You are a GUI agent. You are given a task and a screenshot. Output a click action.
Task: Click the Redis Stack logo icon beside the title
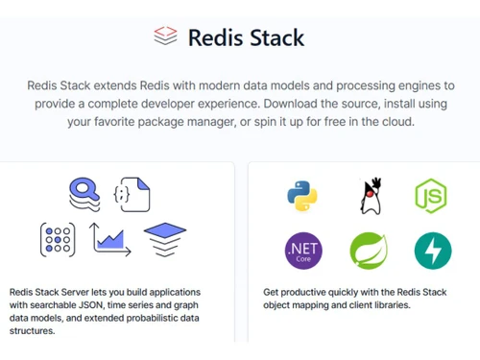(x=165, y=36)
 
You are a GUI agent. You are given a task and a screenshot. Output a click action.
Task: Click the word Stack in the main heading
(x=274, y=38)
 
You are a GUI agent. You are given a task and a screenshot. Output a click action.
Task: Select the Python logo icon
(x=301, y=195)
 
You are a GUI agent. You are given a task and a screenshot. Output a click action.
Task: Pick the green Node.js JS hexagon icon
(x=432, y=195)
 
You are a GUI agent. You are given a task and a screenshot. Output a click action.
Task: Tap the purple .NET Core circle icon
(x=303, y=251)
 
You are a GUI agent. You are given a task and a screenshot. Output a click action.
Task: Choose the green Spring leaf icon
(x=368, y=251)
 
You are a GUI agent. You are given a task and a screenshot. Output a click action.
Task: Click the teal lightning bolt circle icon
(x=432, y=251)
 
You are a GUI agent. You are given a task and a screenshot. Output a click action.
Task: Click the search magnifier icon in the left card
(x=84, y=194)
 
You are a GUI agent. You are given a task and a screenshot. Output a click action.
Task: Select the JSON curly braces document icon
(x=132, y=194)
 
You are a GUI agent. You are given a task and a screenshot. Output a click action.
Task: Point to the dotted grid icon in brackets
(x=58, y=239)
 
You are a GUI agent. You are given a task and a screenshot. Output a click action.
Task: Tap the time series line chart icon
(x=110, y=239)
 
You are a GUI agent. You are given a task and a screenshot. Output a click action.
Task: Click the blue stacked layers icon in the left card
(x=164, y=238)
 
